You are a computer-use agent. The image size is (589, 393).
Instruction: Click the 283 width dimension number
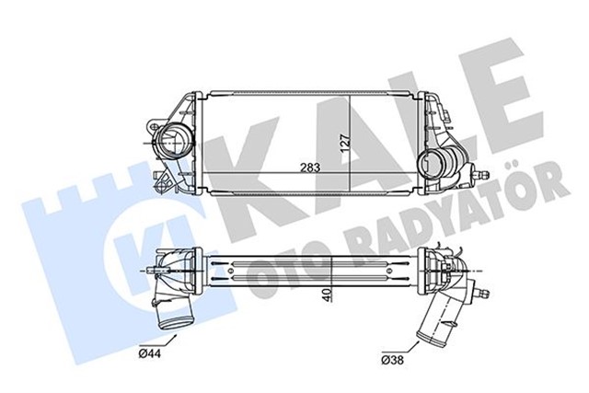pyautogui.click(x=285, y=168)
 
